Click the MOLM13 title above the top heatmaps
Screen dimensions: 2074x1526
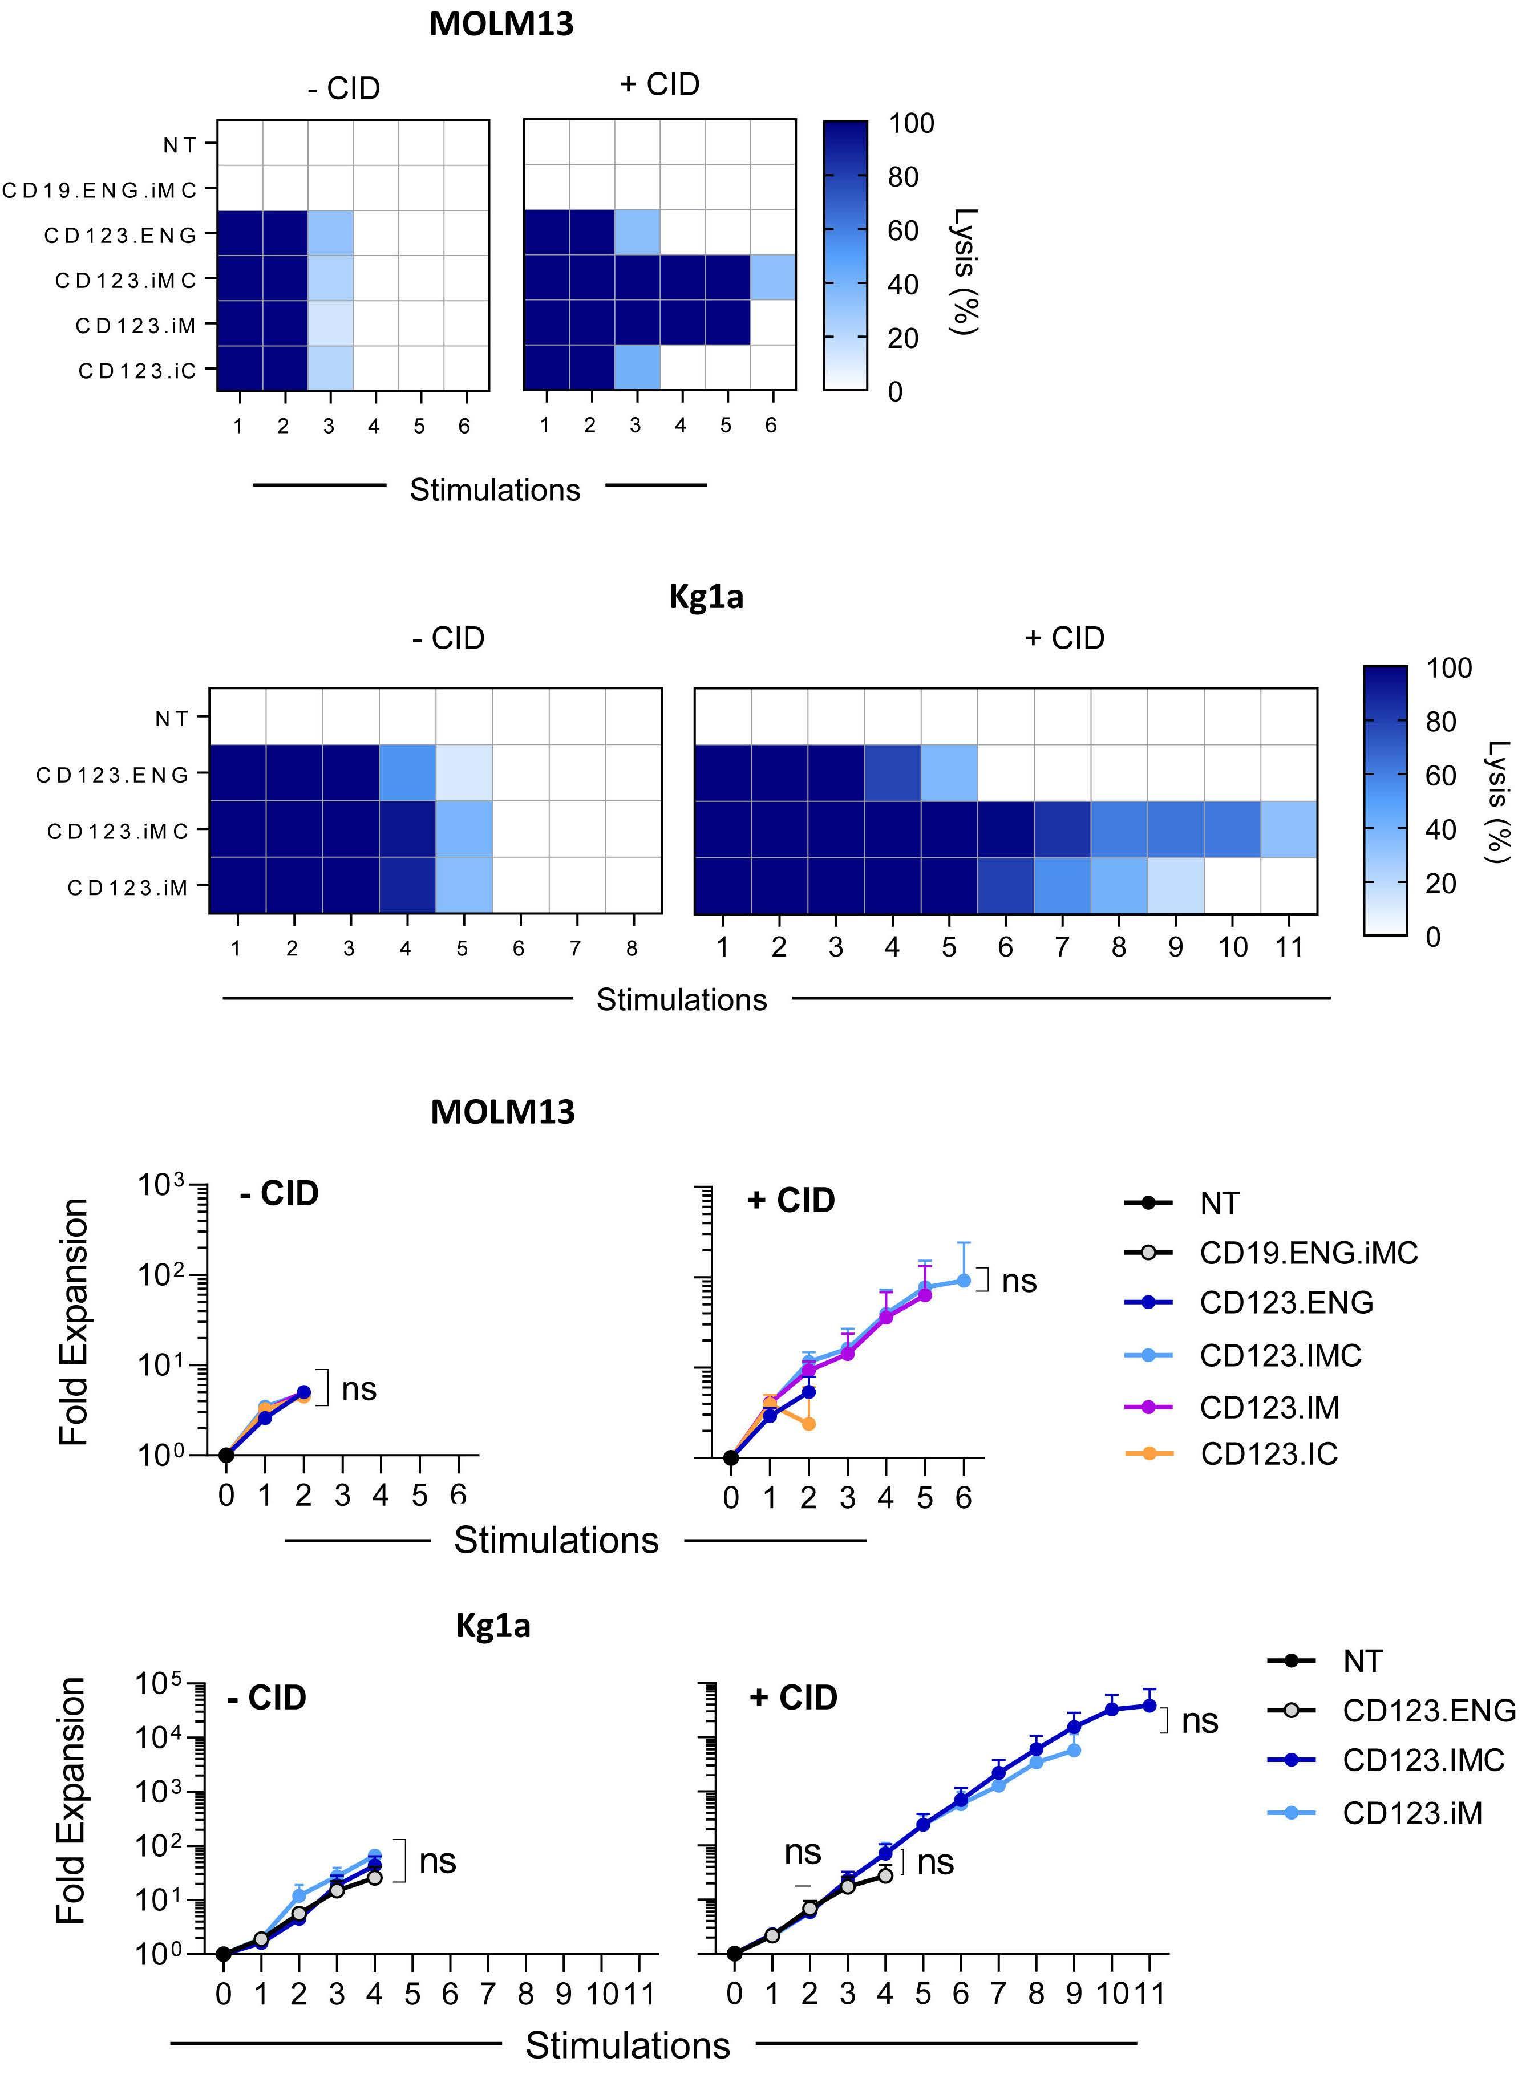pos(501,24)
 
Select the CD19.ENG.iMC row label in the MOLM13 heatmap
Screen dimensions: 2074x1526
pos(100,190)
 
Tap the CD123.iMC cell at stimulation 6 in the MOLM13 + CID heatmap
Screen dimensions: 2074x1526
pos(773,278)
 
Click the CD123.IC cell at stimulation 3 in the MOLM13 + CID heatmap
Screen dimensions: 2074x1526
pos(637,367)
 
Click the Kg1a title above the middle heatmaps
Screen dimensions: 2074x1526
pos(706,597)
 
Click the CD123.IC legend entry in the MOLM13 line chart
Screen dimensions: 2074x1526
pos(1268,1455)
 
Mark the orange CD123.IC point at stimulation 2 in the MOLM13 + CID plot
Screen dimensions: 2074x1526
pos(808,1424)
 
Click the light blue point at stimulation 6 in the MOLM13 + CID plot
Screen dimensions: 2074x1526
pos(964,1281)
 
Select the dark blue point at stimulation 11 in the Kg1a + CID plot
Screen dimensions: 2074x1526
pos(1149,1706)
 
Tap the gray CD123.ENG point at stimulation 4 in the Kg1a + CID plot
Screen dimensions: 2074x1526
pos(885,1875)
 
